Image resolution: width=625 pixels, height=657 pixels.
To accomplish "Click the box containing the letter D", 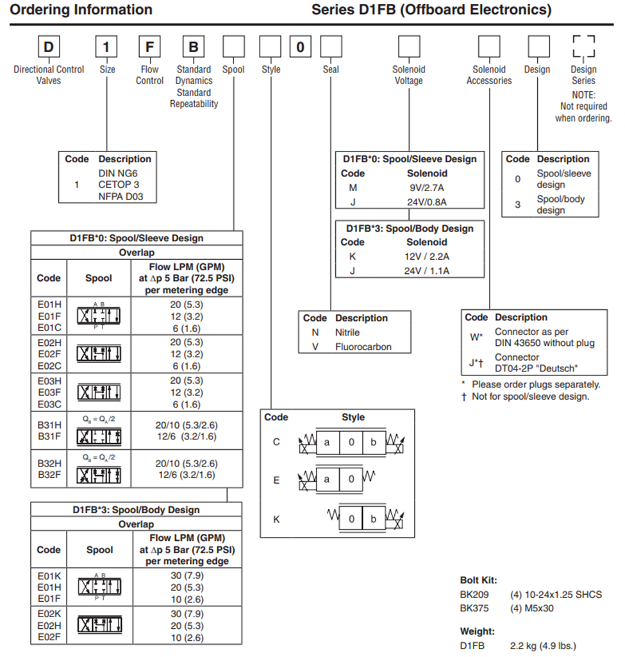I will click(x=49, y=48).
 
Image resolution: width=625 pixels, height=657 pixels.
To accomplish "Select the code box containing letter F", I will click(x=149, y=48).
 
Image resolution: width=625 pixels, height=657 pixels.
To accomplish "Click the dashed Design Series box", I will click(x=583, y=47).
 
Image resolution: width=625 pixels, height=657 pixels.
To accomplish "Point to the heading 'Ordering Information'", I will click(x=82, y=10).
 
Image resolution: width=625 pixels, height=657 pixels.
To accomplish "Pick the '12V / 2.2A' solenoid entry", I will click(x=426, y=257).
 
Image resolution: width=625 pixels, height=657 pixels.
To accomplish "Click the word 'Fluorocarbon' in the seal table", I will click(x=363, y=346).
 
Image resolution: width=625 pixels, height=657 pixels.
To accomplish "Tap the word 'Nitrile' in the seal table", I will click(x=347, y=332).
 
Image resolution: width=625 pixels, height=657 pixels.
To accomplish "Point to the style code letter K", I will click(x=276, y=519).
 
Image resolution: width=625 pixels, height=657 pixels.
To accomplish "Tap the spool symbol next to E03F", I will click(x=99, y=393).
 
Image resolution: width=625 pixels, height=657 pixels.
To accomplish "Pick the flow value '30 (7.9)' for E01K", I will click(x=187, y=576).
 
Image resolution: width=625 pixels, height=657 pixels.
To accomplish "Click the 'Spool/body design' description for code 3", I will click(x=560, y=204).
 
